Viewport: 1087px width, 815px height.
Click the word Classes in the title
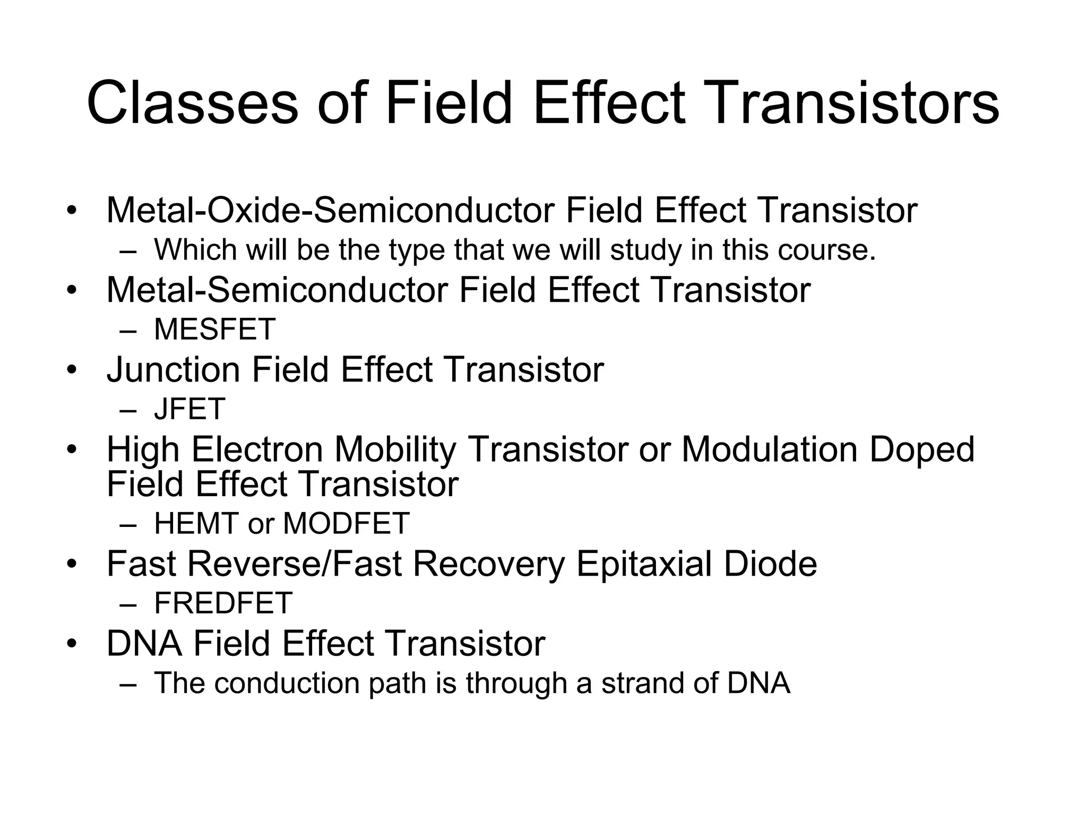[x=192, y=102]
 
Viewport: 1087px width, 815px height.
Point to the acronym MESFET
[x=214, y=330]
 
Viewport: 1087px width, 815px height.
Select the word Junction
[x=173, y=370]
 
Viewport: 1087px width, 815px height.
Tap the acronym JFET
[x=189, y=409]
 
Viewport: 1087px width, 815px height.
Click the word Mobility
[x=394, y=449]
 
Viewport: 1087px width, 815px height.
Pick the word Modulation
[x=769, y=449]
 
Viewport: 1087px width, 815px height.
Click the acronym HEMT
[x=196, y=524]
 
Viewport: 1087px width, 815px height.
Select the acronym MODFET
[x=346, y=524]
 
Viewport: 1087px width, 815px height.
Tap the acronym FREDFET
[x=223, y=603]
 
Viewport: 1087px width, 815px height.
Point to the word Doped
[x=922, y=449]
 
